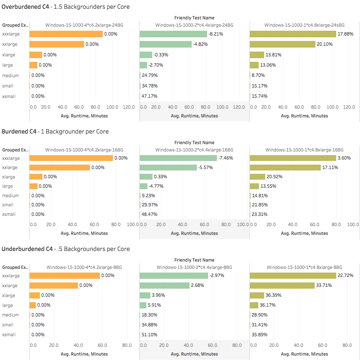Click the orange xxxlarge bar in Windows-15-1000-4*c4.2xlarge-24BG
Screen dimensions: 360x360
click(66, 34)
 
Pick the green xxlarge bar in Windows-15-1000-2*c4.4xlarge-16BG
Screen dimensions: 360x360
click(168, 168)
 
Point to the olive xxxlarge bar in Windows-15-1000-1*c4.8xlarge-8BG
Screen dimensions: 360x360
click(293, 276)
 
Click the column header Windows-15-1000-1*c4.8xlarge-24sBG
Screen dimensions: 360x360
click(304, 25)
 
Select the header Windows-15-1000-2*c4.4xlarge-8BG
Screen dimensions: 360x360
click(194, 267)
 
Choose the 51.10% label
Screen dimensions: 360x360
click(149, 334)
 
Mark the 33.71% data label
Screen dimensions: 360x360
click(324, 285)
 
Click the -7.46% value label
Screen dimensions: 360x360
click(225, 158)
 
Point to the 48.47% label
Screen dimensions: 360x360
click(149, 214)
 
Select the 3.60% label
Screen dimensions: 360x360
click(344, 158)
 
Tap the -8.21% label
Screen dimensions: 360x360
click(216, 34)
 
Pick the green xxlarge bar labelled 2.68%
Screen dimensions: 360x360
click(165, 285)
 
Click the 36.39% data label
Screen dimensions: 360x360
click(273, 295)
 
